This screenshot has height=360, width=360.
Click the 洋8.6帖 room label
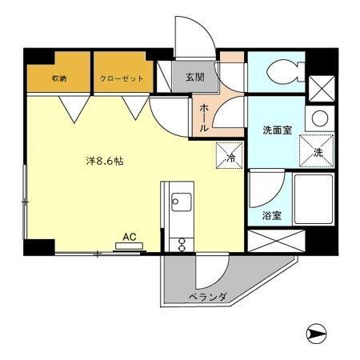[104, 160]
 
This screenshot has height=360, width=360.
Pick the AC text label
[128, 237]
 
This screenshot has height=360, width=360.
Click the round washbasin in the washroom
[319, 119]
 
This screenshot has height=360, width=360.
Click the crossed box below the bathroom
[276, 240]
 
